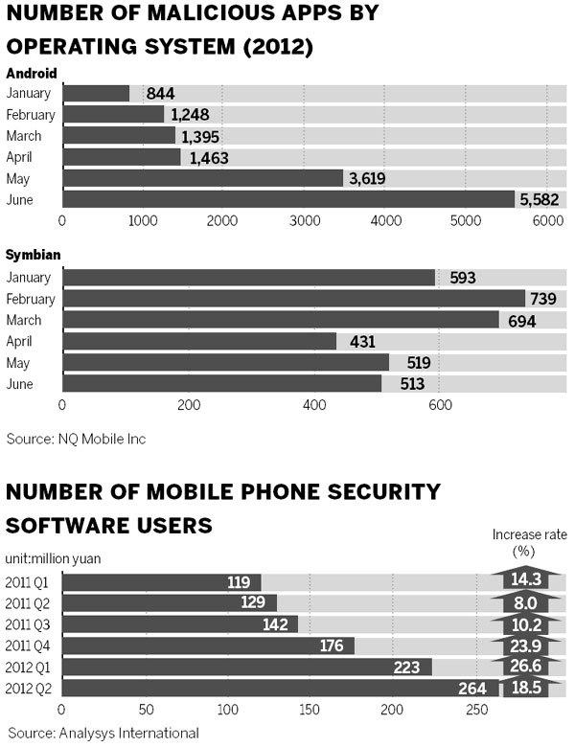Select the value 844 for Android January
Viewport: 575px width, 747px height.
click(160, 93)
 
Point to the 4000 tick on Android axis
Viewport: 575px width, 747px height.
click(384, 220)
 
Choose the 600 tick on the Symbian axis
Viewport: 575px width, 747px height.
click(440, 405)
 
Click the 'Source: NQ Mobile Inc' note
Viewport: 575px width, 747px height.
click(76, 439)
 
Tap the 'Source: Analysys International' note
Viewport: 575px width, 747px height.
click(102, 733)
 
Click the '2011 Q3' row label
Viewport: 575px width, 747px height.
click(28, 624)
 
